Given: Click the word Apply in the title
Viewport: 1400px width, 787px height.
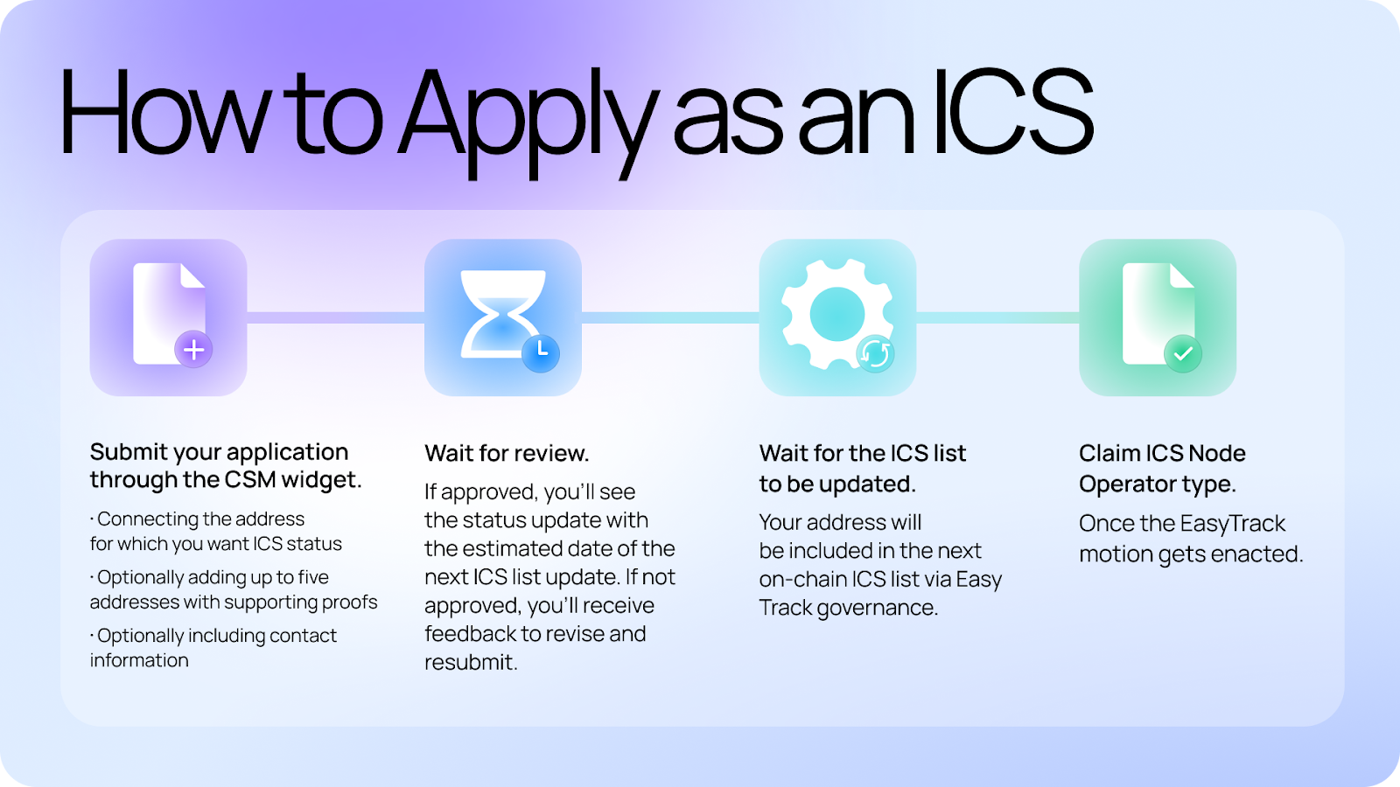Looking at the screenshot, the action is (528, 121).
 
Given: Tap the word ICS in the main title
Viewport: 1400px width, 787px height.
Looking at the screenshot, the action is (1012, 111).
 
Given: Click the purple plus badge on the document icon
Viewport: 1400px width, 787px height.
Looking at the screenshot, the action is (193, 349).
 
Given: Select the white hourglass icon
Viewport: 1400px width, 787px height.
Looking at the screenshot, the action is (502, 314).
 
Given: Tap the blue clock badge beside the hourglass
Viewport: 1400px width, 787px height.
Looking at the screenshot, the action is (541, 353).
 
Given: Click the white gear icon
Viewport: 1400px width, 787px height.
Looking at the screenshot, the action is (836, 314).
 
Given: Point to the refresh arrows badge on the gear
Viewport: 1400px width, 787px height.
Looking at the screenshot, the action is (875, 353).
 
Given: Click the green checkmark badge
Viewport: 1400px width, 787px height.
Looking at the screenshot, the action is (1182, 353).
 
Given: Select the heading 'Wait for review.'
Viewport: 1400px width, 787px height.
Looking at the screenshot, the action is (507, 454).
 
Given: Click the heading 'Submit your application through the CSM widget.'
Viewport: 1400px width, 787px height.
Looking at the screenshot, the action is (226, 466).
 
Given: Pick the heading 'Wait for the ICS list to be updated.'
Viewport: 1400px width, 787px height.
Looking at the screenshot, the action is (863, 469).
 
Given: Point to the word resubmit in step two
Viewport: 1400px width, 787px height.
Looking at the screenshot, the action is (471, 662).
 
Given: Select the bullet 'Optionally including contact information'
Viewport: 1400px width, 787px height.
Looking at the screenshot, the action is (213, 648).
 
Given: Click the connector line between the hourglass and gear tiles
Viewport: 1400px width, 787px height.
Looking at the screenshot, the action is (670, 318).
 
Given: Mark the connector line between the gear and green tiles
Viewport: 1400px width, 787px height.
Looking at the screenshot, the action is (997, 318).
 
